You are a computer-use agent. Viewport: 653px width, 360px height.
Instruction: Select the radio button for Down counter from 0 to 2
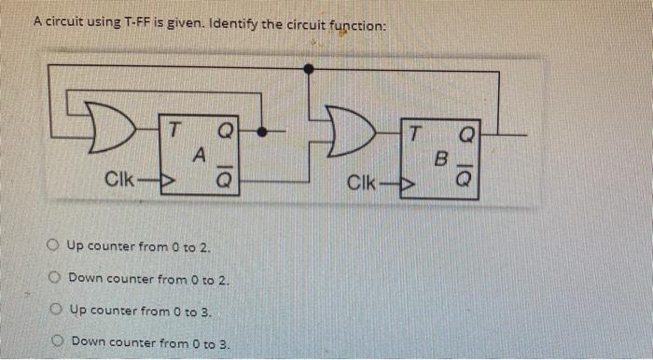pos(57,279)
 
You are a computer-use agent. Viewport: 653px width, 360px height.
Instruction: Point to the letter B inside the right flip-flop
pos(443,159)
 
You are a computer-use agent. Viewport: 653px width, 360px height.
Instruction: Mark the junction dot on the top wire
pos(309,68)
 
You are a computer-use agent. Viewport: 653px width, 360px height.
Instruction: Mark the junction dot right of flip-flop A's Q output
pos(268,132)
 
